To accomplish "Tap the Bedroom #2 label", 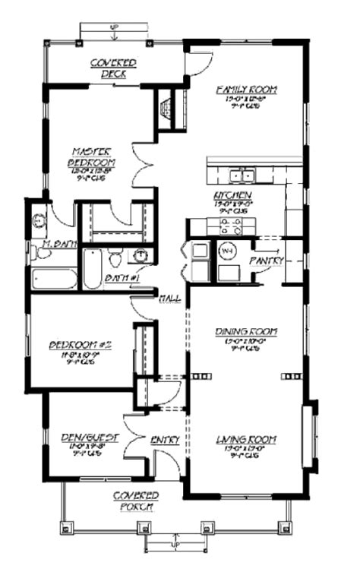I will click(x=81, y=345).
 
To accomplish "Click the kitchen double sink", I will click(x=242, y=176).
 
